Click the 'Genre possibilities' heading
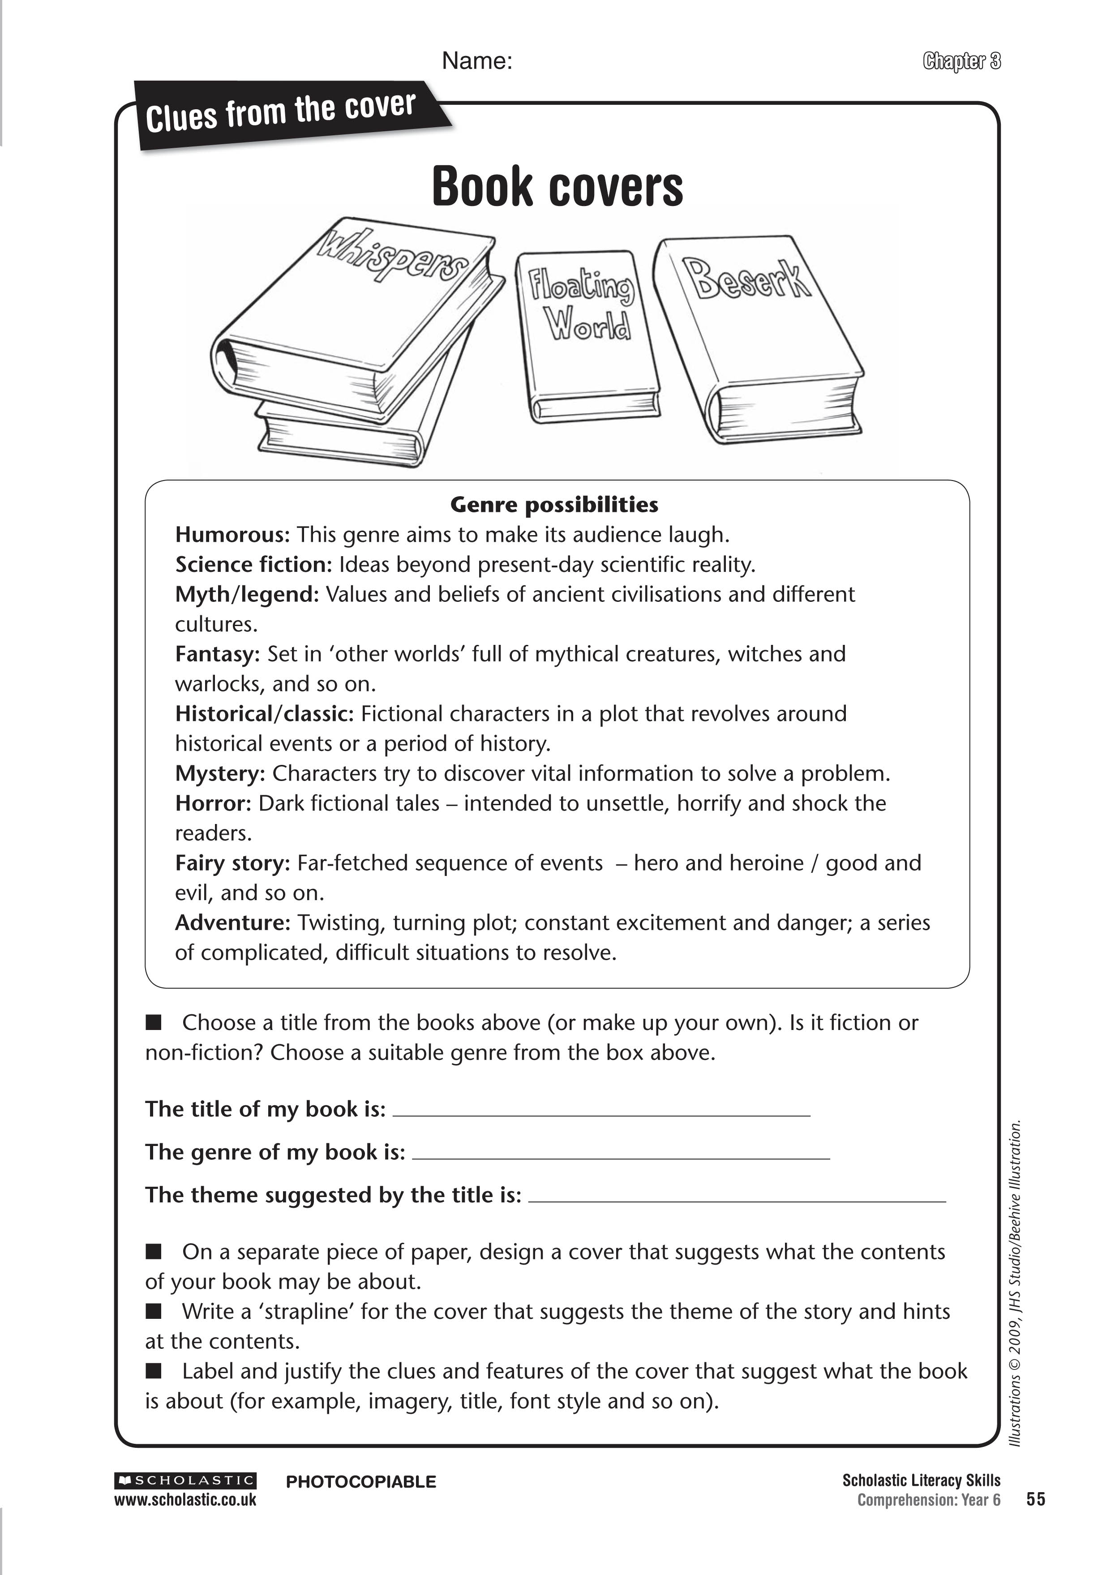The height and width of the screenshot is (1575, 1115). (554, 505)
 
